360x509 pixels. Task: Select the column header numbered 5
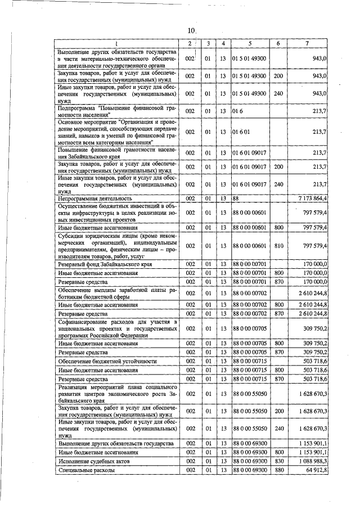click(x=250, y=43)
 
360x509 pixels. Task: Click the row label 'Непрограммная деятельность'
click(x=95, y=199)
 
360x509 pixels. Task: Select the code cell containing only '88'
click(x=236, y=199)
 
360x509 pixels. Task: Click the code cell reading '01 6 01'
click(x=241, y=132)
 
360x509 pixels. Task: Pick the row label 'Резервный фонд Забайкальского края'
click(x=105, y=264)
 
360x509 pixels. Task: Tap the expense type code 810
click(x=277, y=245)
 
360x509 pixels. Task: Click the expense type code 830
click(x=277, y=461)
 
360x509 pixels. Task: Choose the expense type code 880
click(x=277, y=470)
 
